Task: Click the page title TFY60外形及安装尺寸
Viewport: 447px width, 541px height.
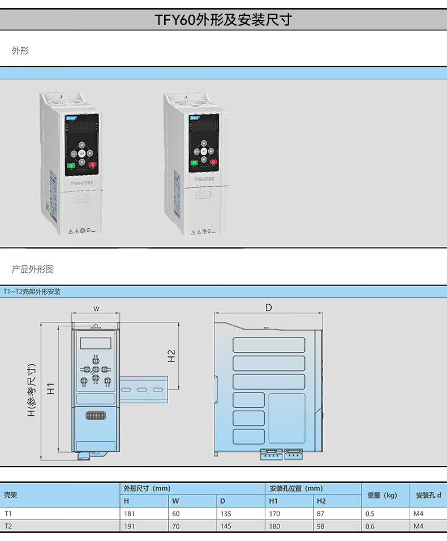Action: (x=223, y=20)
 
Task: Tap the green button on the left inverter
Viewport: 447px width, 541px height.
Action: (x=71, y=166)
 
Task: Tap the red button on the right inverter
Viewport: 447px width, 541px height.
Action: (x=213, y=163)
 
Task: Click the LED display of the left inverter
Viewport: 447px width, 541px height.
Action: (x=81, y=127)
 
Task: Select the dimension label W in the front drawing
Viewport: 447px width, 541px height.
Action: (x=96, y=309)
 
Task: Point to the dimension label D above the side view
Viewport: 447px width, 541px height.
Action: (x=269, y=308)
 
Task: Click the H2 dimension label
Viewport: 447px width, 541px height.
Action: (x=171, y=356)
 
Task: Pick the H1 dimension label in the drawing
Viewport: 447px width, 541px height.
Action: (x=50, y=389)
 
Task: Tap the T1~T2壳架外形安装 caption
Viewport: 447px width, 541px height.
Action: (x=32, y=292)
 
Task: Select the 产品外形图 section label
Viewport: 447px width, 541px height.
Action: (x=33, y=269)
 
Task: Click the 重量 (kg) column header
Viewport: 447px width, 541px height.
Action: (x=382, y=495)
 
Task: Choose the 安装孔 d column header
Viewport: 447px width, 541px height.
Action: (x=428, y=495)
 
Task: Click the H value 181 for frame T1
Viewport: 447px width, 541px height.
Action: (x=130, y=514)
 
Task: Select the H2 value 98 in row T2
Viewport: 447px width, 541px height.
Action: (x=321, y=526)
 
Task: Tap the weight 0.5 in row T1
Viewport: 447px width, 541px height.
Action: (x=370, y=514)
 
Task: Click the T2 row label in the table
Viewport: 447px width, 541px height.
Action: (x=8, y=526)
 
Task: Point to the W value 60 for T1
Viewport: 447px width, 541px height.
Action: (x=176, y=514)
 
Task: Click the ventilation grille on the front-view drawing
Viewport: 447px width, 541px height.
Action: (x=96, y=416)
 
